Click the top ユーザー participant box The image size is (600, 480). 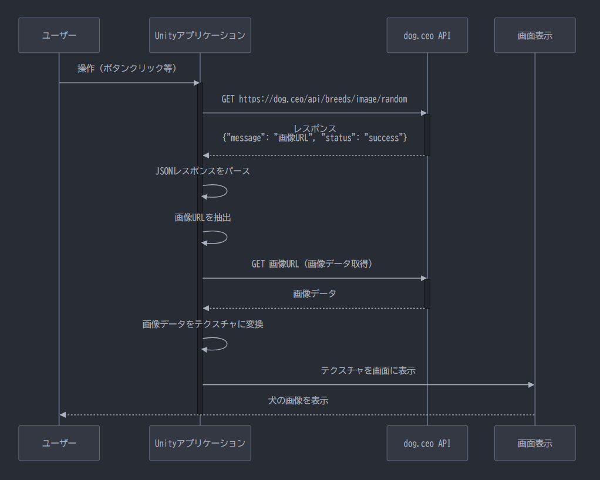(59, 35)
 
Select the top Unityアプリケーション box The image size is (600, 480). (200, 35)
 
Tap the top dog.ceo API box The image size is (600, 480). (427, 35)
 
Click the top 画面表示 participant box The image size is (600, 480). (535, 35)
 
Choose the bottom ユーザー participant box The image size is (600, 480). (59, 443)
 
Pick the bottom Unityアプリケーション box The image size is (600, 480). (200, 443)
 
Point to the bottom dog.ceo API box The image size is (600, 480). (427, 443)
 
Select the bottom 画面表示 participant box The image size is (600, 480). (535, 443)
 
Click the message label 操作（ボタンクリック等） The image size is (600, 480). (127, 69)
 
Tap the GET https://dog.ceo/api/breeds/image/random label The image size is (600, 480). (314, 99)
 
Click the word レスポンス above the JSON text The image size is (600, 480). (315, 129)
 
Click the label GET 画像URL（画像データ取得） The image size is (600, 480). (314, 264)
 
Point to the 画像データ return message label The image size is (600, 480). (315, 293)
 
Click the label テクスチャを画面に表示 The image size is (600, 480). (368, 370)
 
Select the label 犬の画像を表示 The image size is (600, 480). (298, 401)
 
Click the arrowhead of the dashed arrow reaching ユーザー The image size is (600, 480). (63, 415)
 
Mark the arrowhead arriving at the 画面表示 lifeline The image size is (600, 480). (531, 385)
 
